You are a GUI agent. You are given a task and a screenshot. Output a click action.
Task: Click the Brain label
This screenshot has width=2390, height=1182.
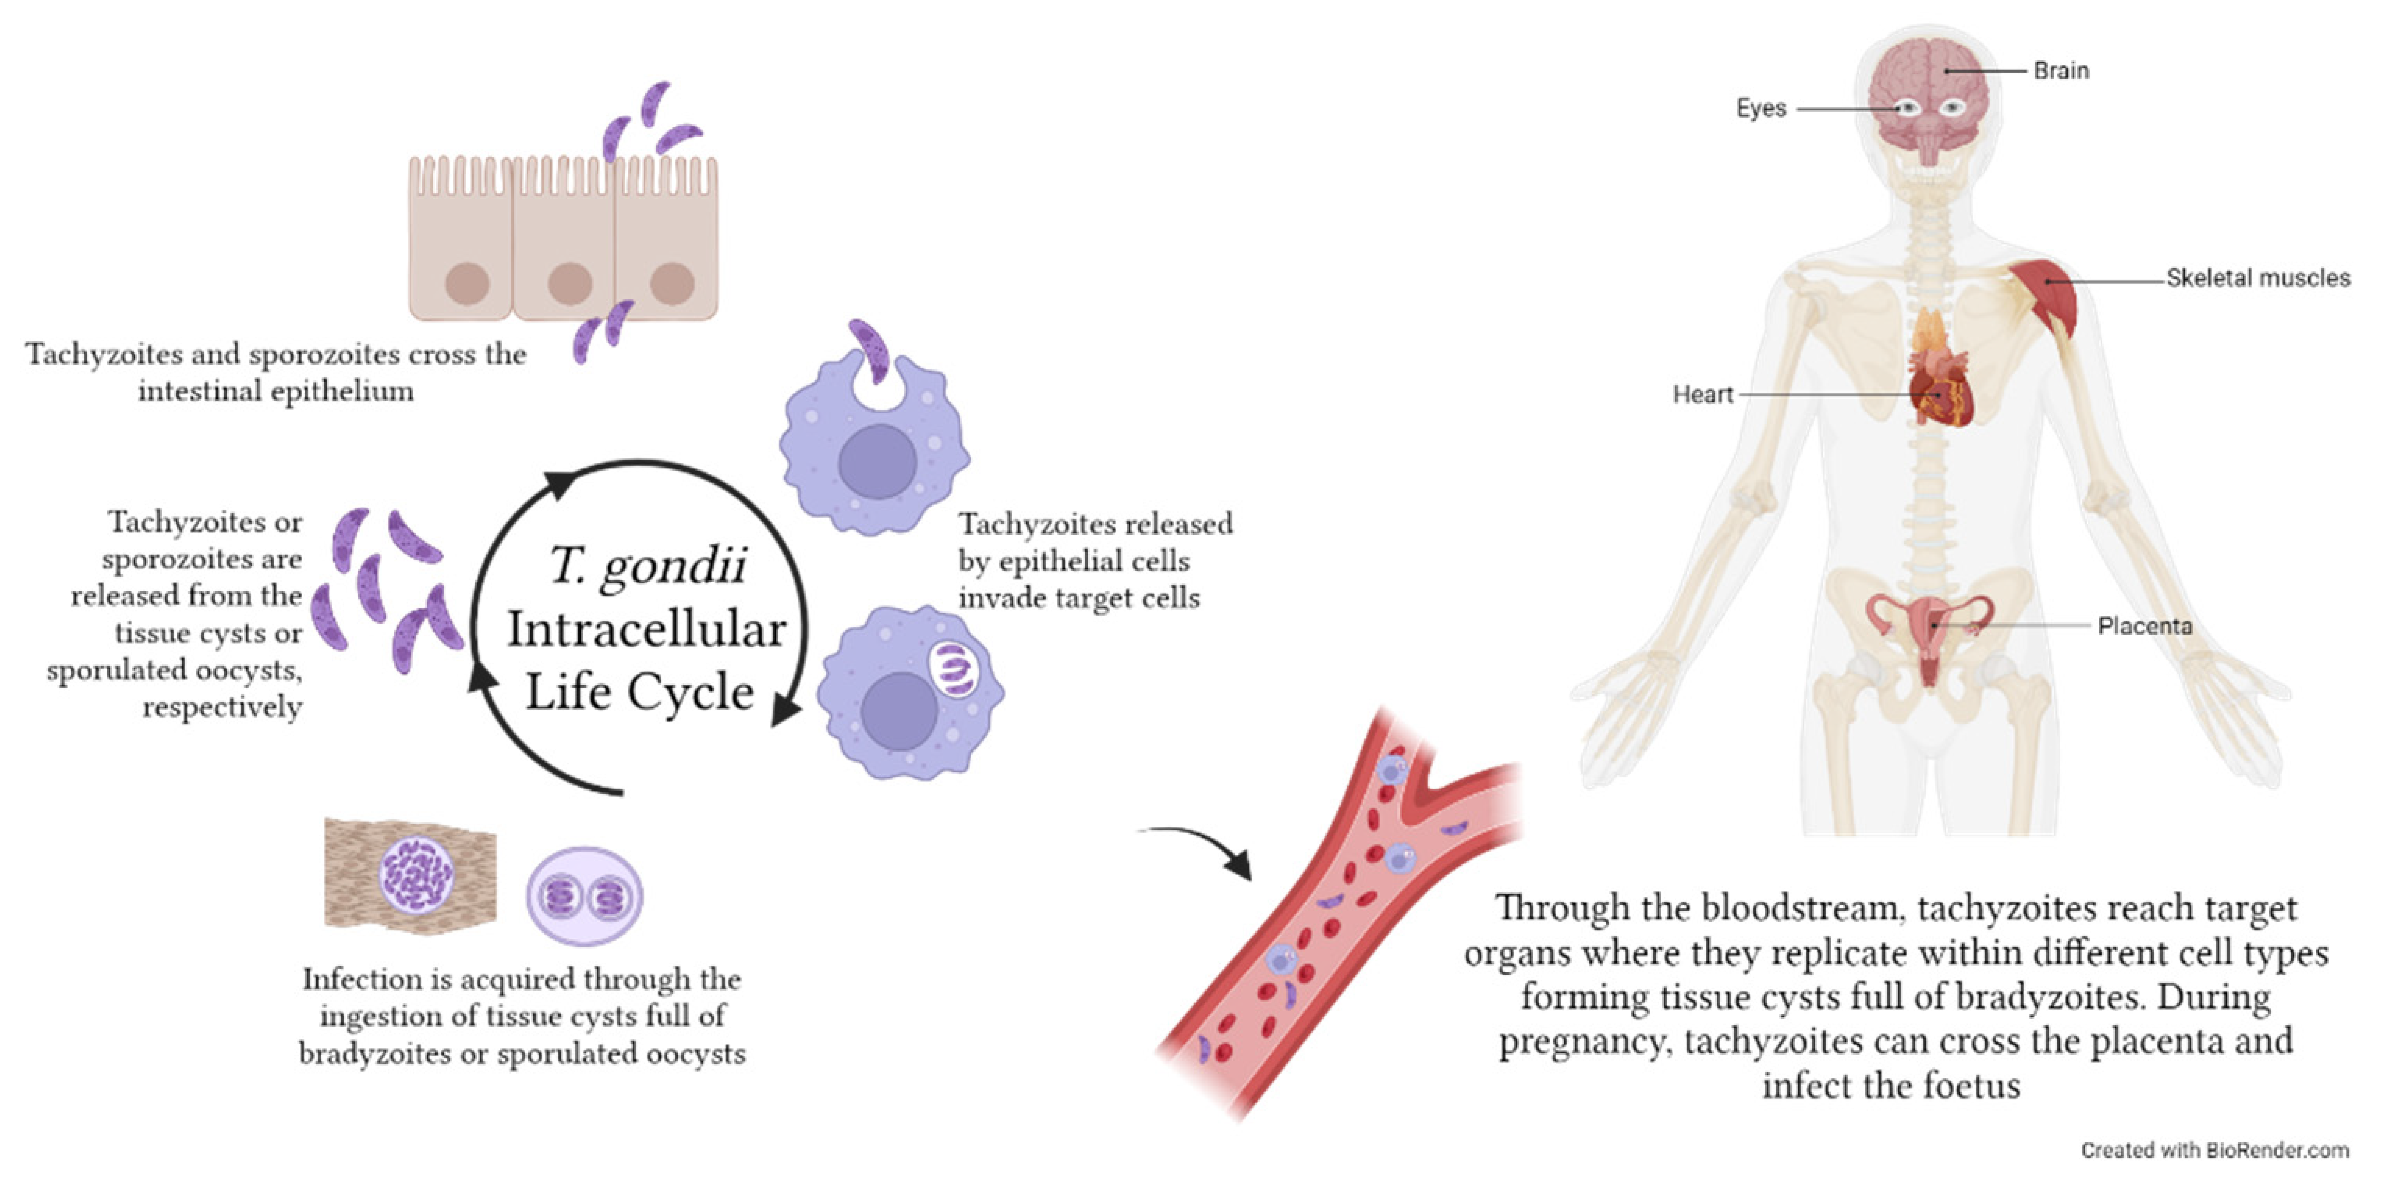click(2061, 71)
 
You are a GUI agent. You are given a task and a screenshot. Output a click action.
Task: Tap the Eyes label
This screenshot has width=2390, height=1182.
click(1760, 109)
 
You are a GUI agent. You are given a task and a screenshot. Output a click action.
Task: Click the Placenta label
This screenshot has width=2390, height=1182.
click(2144, 626)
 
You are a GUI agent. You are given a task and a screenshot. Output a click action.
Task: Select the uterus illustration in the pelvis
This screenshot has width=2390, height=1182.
click(1930, 631)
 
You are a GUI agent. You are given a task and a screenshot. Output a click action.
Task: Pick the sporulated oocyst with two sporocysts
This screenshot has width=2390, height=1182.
click(584, 896)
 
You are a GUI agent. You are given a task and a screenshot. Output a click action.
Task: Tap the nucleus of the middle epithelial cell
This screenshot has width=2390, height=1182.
click(570, 283)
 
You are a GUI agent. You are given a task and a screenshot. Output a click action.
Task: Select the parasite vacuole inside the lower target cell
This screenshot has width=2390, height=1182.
click(953, 670)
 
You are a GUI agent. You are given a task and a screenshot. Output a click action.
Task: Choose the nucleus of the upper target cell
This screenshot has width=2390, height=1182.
click(877, 461)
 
